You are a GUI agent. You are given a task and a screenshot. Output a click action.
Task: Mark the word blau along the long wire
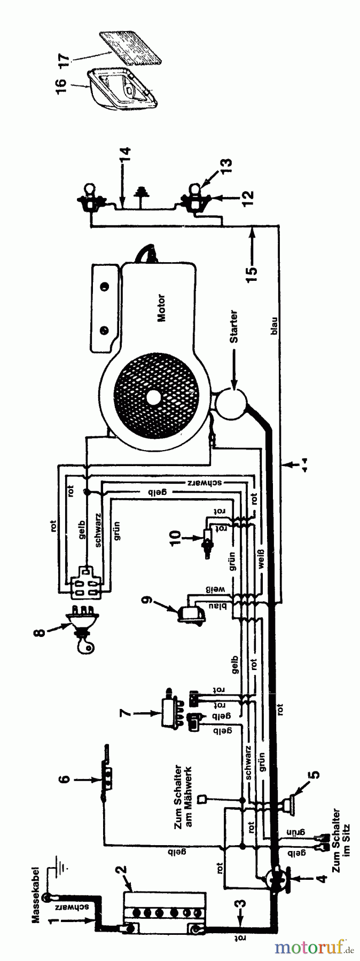pos(273,328)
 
